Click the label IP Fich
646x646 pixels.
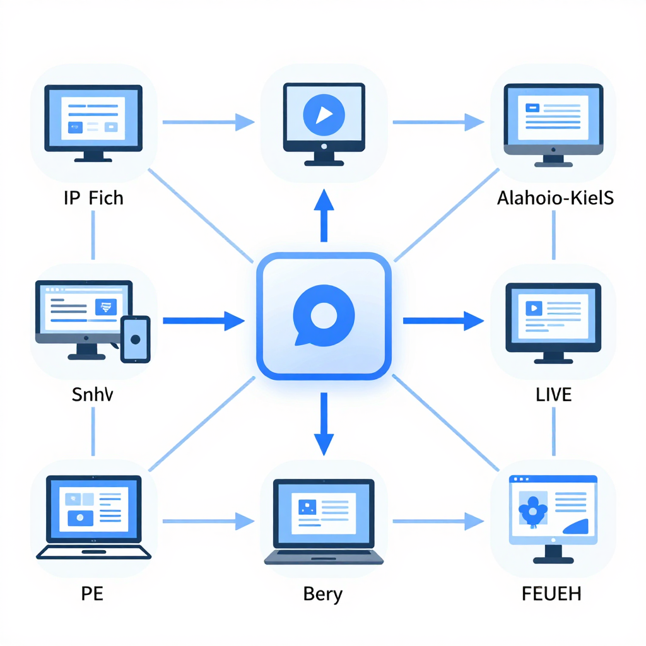click(x=93, y=199)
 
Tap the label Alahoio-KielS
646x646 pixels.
click(x=555, y=199)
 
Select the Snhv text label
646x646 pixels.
click(x=93, y=396)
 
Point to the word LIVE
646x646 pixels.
click(x=553, y=396)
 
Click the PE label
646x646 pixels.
click(x=92, y=593)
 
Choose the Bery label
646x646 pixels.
click(x=323, y=593)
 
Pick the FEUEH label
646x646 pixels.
click(x=553, y=593)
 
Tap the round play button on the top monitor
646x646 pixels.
click(x=324, y=114)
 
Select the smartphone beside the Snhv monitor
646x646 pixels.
click(x=134, y=339)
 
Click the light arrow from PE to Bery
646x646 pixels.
click(x=208, y=520)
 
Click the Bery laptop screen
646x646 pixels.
click(x=323, y=510)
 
